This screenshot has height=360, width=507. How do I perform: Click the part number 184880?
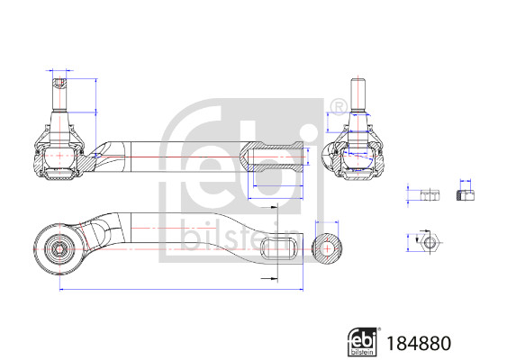[x=417, y=343]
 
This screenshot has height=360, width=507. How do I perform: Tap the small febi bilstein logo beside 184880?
[x=362, y=341]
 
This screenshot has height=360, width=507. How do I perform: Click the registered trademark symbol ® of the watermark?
[x=337, y=110]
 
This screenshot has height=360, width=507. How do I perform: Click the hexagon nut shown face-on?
[x=427, y=241]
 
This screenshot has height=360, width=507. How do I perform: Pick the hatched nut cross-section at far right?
[x=466, y=194]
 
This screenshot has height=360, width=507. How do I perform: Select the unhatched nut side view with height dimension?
[x=428, y=195]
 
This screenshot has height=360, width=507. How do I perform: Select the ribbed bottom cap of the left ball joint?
[x=59, y=181]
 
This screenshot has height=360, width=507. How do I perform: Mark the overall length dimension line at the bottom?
[x=180, y=290]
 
